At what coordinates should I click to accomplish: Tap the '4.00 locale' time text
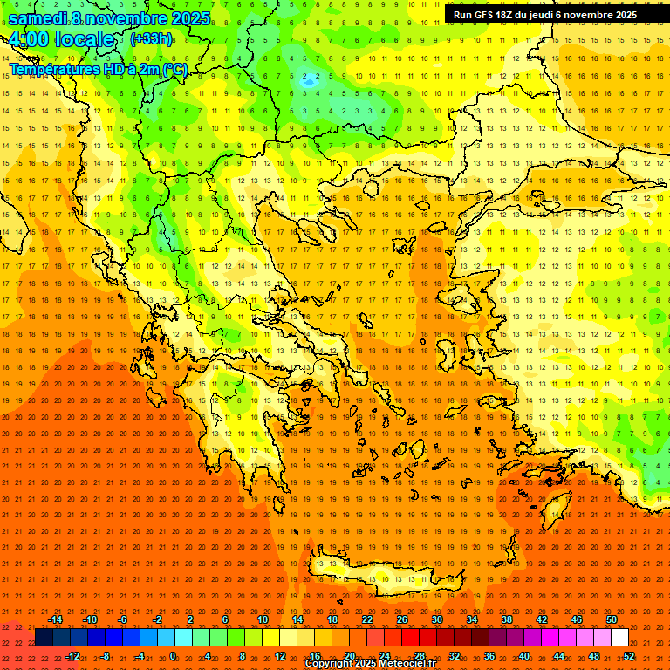62,39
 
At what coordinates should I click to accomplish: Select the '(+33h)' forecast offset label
151,39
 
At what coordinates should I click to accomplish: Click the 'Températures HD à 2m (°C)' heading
98,69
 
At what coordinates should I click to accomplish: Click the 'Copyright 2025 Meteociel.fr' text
370,664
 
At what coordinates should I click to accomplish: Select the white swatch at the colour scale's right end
619,638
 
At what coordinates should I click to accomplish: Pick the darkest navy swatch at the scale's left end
44,638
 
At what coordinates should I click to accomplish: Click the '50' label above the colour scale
612,619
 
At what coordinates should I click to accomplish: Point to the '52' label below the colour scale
629,656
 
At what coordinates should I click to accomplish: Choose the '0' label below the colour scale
173,656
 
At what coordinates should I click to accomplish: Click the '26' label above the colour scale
401,619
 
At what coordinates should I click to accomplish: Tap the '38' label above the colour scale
506,619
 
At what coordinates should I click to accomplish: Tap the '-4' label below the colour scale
140,656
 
